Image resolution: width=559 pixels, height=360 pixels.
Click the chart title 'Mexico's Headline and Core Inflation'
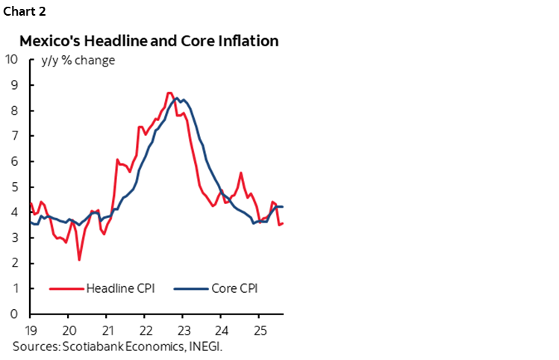click(x=149, y=41)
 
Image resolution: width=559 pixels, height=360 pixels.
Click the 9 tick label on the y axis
click(x=14, y=85)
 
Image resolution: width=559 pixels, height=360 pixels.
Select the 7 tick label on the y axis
click(x=14, y=136)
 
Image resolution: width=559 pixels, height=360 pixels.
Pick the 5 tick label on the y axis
click(x=14, y=187)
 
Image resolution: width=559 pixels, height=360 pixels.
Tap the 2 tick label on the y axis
click(x=14, y=263)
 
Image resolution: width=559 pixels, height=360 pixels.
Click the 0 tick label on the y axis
click(x=14, y=314)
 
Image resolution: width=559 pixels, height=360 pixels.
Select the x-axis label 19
click(x=30, y=329)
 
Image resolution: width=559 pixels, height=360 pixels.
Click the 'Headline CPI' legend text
click(x=120, y=288)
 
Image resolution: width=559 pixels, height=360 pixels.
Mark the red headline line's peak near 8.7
click(x=169, y=93)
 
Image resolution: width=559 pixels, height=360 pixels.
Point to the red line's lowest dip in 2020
click(x=79, y=259)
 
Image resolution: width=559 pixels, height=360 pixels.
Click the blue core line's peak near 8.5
click(x=176, y=98)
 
